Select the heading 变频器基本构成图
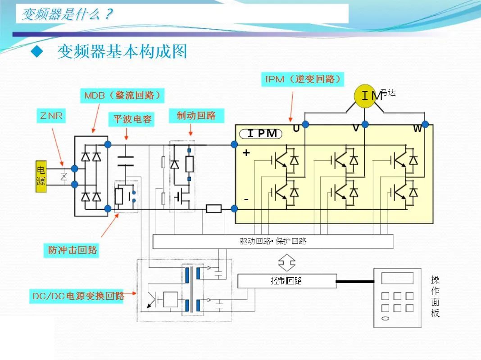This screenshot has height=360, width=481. tap(122, 52)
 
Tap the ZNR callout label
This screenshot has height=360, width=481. tap(51, 116)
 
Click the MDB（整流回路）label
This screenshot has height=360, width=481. tap(123, 95)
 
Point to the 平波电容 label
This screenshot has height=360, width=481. tap(132, 119)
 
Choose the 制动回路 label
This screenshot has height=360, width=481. tap(196, 116)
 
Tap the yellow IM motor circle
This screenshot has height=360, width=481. tap(365, 95)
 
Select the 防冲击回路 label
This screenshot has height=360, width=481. tap(73, 250)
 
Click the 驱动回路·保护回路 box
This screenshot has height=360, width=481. tap(273, 241)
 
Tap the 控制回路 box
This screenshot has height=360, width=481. tap(286, 281)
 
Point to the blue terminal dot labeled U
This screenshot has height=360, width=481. tap(306, 124)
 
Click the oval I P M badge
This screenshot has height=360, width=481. tap(262, 134)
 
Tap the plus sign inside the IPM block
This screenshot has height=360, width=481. tap(246, 153)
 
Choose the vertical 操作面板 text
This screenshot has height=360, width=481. tap(435, 296)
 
